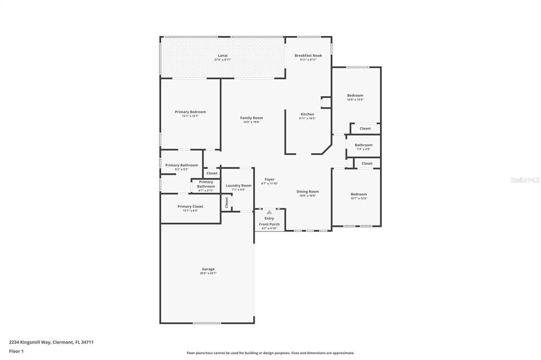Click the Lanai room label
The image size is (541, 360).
[222, 55]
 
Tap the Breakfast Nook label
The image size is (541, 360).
[308, 55]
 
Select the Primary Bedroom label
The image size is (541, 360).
[190, 112]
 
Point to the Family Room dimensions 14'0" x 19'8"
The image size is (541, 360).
[251, 122]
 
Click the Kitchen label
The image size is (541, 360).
[307, 114]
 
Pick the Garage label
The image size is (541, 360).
[208, 269]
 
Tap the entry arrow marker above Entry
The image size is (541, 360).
[269, 212]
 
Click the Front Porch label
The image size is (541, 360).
[269, 224]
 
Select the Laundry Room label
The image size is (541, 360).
[238, 185]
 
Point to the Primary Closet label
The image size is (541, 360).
[190, 206]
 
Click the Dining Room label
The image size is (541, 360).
[307, 192]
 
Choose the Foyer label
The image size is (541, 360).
[269, 179]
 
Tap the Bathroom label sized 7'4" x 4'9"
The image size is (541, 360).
[363, 145]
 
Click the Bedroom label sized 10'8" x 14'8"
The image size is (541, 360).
[355, 96]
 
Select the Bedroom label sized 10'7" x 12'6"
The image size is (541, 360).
[359, 194]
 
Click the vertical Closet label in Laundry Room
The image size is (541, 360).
[227, 202]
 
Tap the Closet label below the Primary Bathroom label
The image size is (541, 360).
[212, 173]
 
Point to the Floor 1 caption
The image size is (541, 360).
[16, 351]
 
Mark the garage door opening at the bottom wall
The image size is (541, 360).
[207, 323]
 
